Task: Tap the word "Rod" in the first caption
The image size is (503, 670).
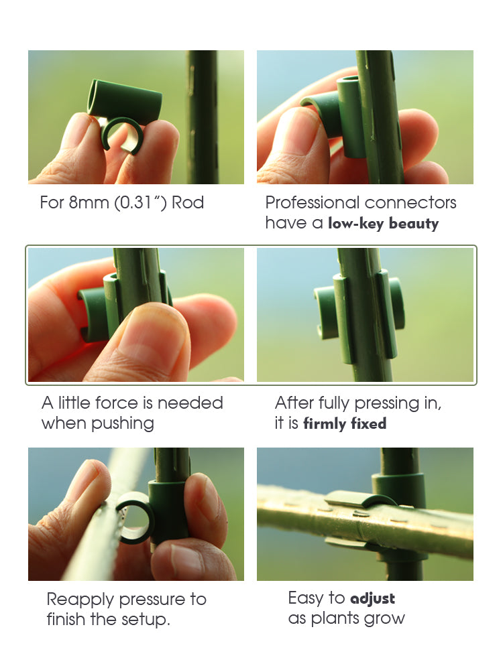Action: (x=188, y=202)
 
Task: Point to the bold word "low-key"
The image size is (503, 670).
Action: (x=356, y=223)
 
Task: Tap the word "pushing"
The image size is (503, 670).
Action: (x=122, y=424)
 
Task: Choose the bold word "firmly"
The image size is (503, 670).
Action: (x=325, y=423)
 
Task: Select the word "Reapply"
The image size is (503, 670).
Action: (x=80, y=600)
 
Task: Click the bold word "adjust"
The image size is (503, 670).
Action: (x=372, y=598)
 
